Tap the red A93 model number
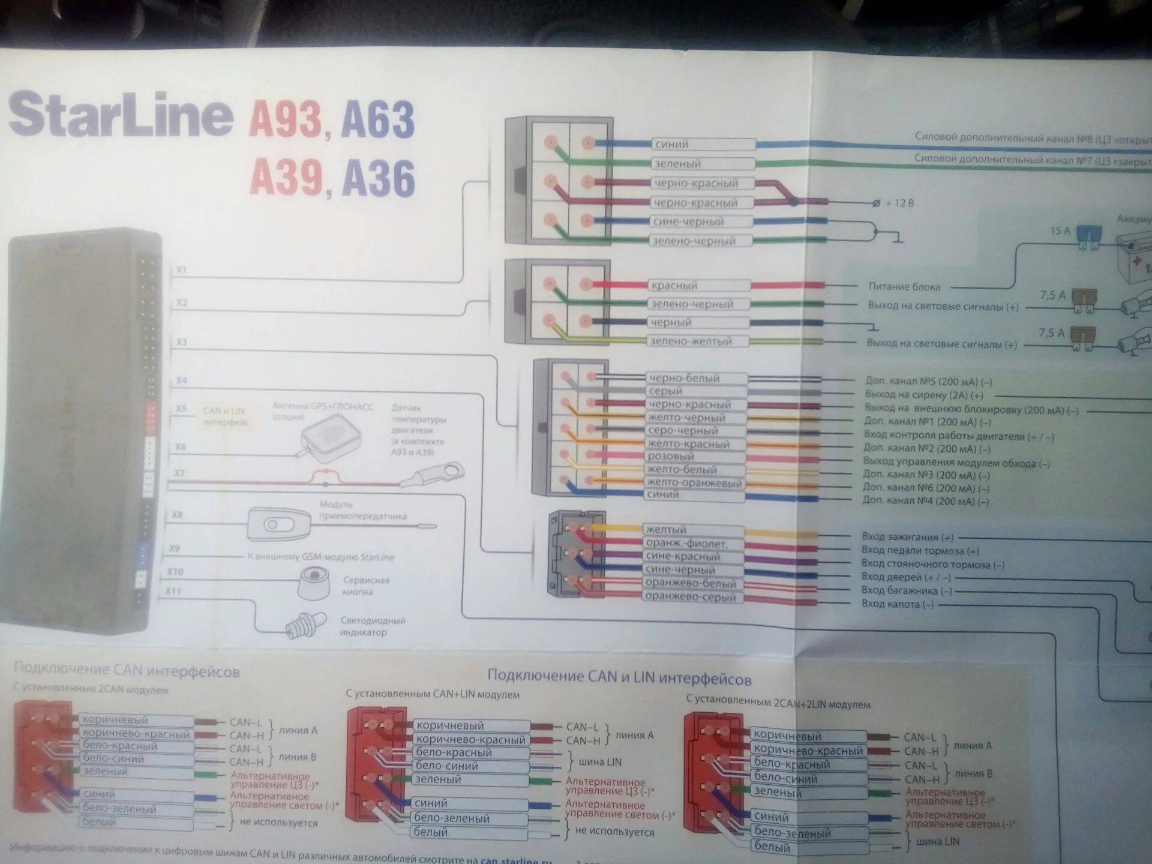(285, 119)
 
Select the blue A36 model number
(378, 178)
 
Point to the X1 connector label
(181, 270)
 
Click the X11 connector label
(173, 592)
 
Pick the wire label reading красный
(675, 286)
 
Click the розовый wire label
(670, 457)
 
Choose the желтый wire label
(666, 530)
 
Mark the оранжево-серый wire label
(690, 597)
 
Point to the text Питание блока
(904, 287)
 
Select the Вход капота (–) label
(898, 604)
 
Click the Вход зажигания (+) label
(907, 537)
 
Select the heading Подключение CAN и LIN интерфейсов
(619, 677)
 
